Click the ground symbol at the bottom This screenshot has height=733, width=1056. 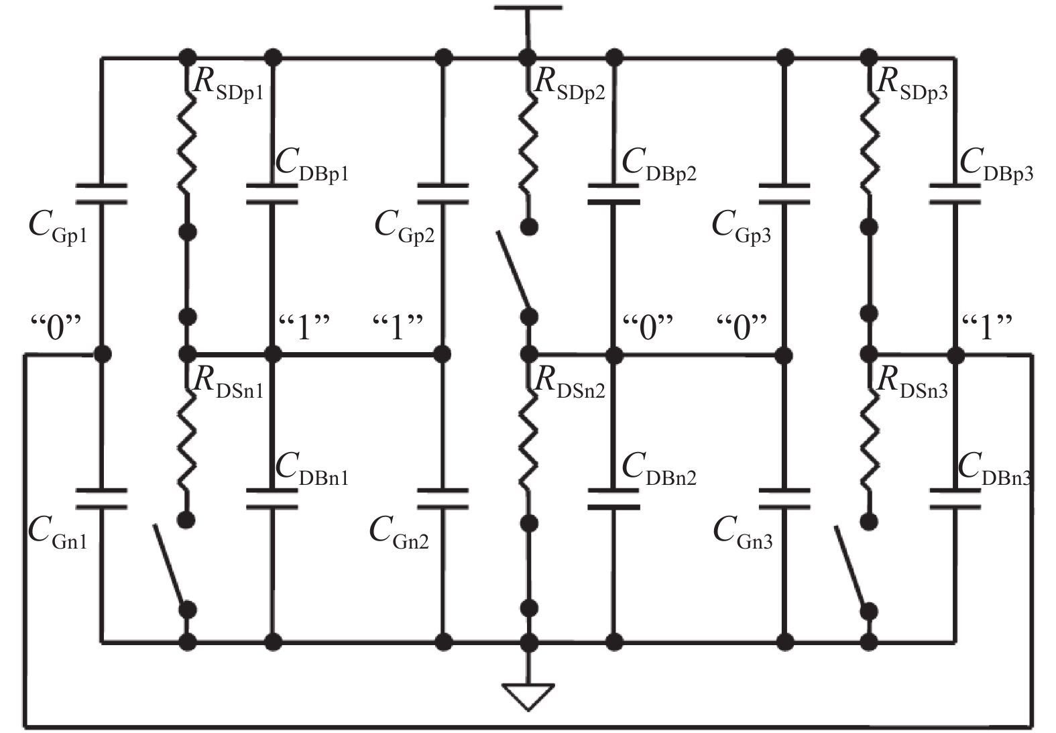coord(529,695)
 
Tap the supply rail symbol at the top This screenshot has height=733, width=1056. coord(528,9)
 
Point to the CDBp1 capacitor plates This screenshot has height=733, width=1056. coord(272,193)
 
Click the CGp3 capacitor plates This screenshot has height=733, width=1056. coord(784,194)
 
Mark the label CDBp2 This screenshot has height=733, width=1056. coord(659,165)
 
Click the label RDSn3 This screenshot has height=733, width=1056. coord(912,383)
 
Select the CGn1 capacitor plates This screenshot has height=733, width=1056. coord(101,499)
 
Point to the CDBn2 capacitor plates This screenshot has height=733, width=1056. coord(613,499)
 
